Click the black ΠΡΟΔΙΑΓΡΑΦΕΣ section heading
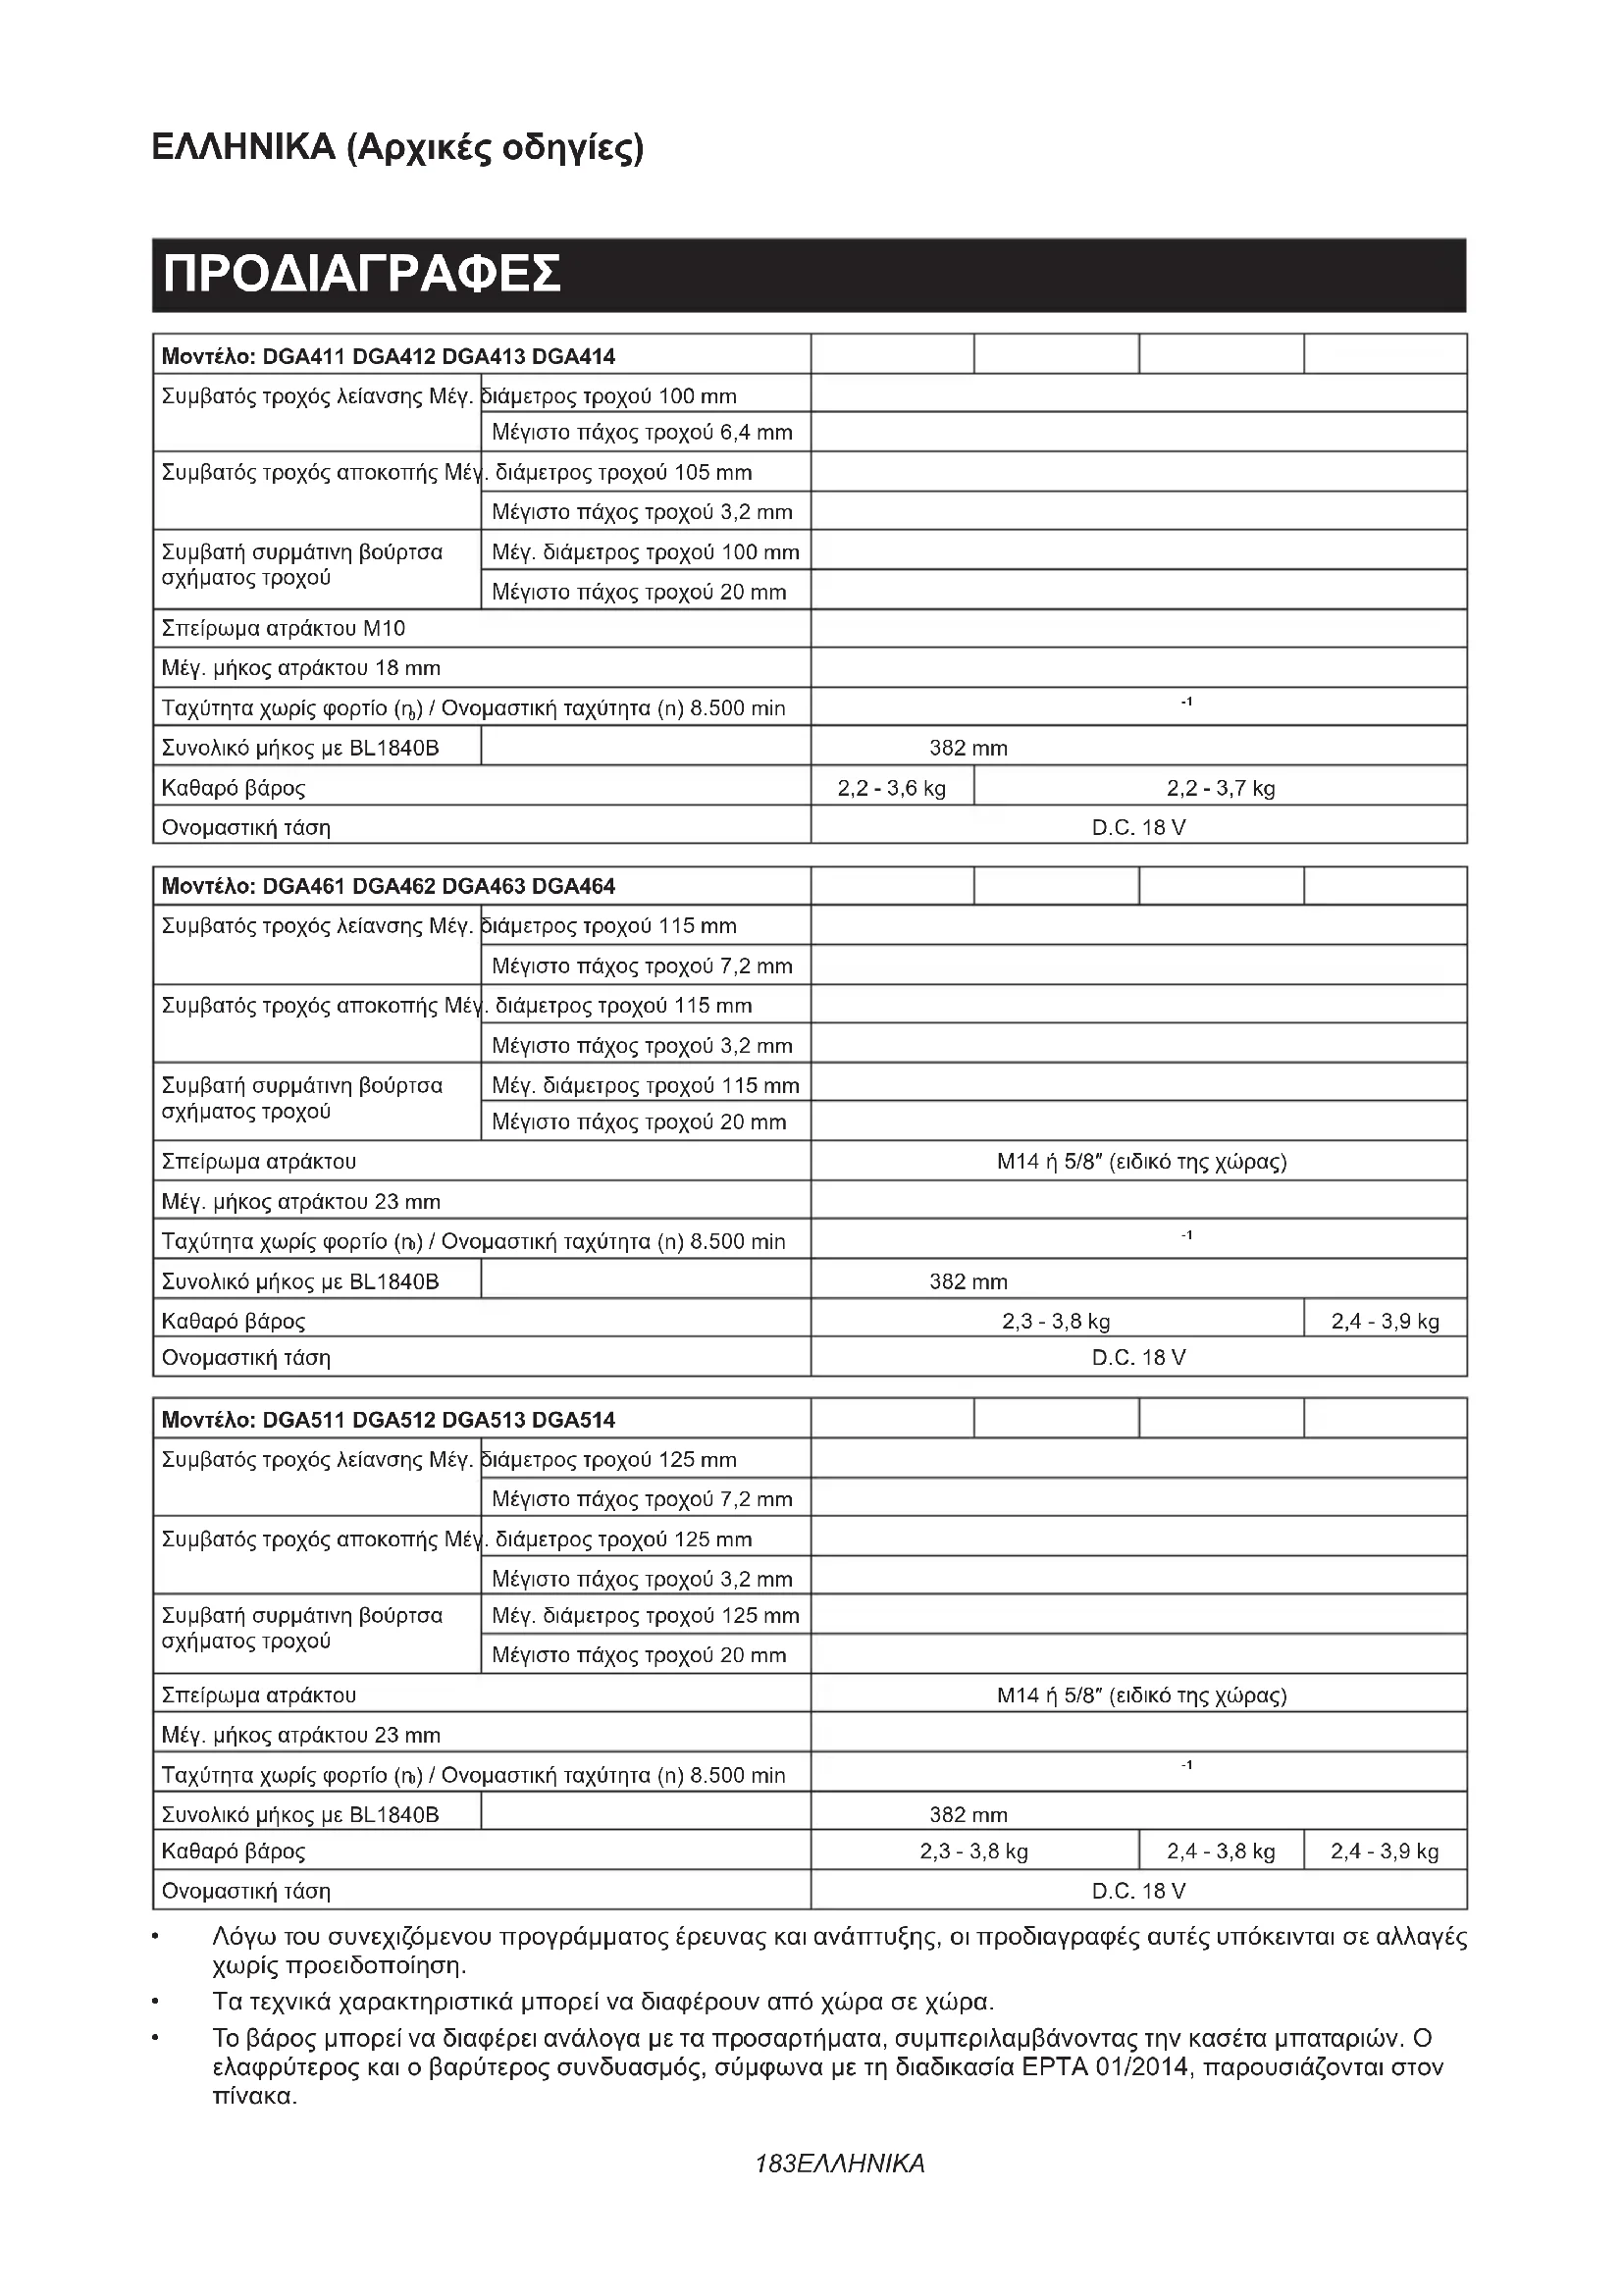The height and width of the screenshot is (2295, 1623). tap(362, 275)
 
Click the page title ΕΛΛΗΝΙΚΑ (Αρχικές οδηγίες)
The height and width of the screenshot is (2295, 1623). tap(396, 148)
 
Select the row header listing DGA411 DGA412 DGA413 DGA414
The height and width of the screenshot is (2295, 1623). tap(389, 356)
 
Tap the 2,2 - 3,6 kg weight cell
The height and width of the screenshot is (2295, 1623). tap(891, 788)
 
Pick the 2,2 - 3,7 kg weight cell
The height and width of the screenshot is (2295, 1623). tap(1221, 788)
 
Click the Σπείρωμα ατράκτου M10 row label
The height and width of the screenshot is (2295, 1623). tap(284, 629)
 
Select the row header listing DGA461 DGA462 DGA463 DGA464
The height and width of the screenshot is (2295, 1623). tap(389, 886)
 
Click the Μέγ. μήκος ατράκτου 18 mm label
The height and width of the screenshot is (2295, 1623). tap(301, 668)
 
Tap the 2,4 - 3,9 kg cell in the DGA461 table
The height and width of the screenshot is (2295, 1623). tap(1386, 1322)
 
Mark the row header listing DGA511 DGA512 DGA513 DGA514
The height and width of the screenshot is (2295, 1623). tap(389, 1420)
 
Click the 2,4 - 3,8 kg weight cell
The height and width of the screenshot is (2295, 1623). tap(1221, 1852)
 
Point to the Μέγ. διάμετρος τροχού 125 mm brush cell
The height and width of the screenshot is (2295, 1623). tap(646, 1615)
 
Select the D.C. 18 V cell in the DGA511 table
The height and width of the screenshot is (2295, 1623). tap(1138, 1891)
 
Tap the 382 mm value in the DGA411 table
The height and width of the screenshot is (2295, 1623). tap(969, 748)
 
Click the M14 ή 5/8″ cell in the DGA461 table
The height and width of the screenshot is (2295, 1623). tap(1141, 1162)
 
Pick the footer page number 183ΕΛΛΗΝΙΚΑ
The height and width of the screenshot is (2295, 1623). tap(840, 2165)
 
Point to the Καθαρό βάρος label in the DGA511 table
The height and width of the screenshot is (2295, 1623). tap(234, 1852)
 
